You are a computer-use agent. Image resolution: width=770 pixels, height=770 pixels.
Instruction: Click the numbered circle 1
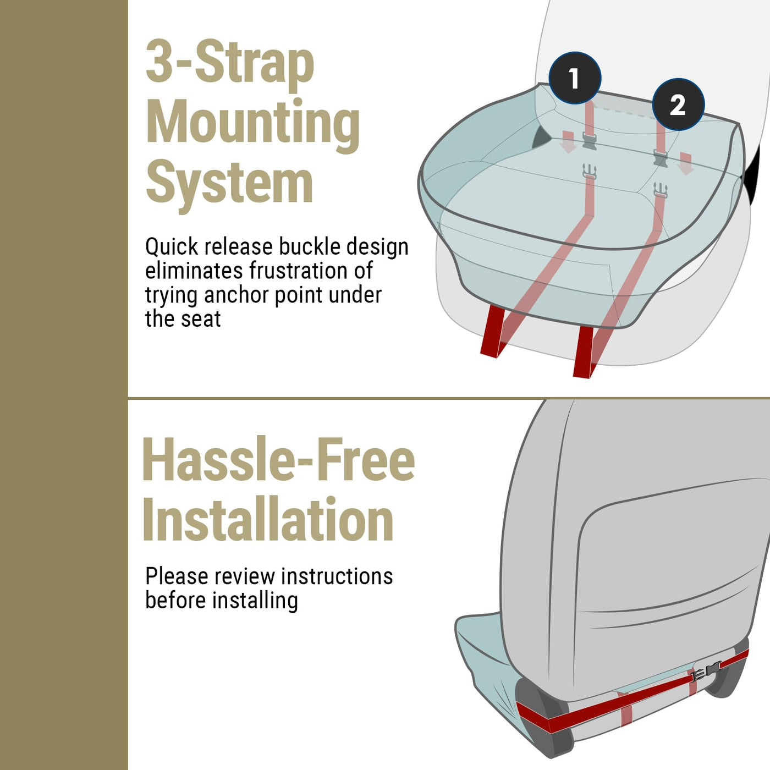click(x=575, y=78)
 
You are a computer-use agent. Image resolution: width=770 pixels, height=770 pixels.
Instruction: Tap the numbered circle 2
click(x=678, y=105)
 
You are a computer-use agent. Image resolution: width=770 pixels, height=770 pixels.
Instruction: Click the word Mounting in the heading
click(x=252, y=124)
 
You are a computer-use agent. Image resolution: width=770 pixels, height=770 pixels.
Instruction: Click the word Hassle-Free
click(x=278, y=459)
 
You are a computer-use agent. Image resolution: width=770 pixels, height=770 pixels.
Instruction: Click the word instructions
click(x=337, y=576)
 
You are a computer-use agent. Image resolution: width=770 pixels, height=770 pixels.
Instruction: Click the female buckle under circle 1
click(x=590, y=141)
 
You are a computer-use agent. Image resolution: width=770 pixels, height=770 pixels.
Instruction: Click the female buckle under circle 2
click(x=660, y=157)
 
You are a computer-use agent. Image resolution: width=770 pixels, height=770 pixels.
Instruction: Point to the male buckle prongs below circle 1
click(x=589, y=171)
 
